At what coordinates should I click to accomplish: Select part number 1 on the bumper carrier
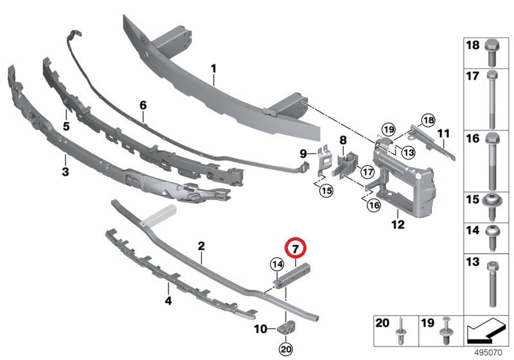coord(213,67)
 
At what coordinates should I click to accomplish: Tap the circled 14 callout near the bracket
coord(276,264)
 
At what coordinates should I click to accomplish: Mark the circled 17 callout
coord(367,172)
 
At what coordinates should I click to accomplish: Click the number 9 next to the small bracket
coord(303,153)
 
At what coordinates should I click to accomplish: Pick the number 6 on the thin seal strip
coord(143,104)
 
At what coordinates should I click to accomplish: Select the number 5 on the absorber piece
coord(66,117)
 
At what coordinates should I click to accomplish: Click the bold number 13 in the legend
coord(472,262)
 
